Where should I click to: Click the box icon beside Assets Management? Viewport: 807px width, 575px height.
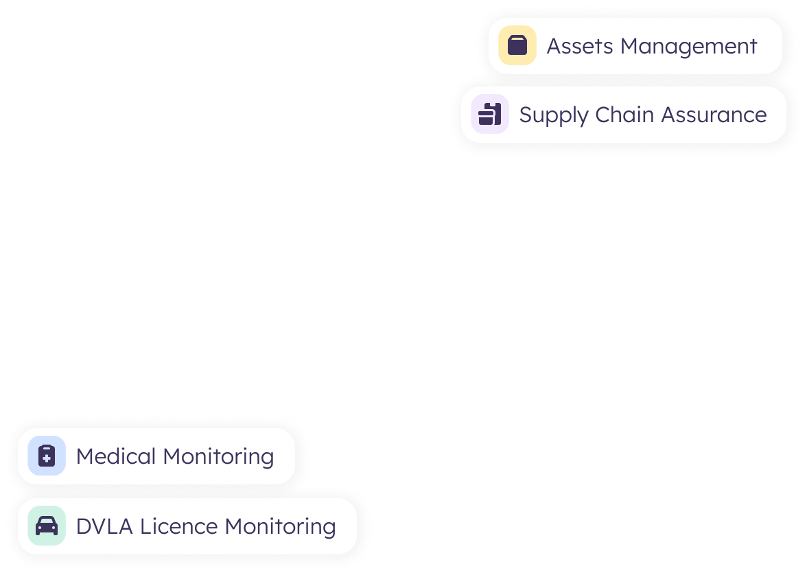(x=517, y=46)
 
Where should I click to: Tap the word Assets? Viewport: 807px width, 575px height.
(x=580, y=46)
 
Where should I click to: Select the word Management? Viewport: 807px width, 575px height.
(x=688, y=47)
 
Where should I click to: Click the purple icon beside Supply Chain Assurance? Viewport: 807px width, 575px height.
(x=490, y=114)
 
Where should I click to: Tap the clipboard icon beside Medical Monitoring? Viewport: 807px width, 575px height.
(x=47, y=456)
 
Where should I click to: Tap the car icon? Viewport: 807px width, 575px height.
(x=47, y=526)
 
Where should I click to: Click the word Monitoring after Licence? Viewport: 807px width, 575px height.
(x=281, y=527)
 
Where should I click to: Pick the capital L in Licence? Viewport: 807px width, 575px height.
(x=145, y=526)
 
